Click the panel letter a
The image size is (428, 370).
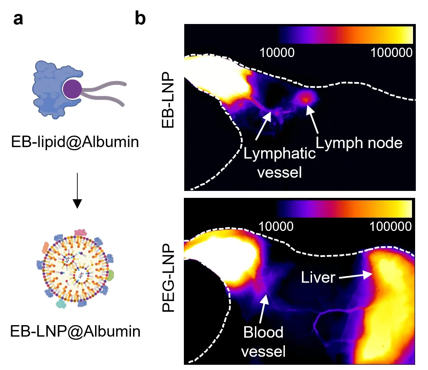[18, 19]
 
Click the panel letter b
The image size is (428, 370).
[140, 18]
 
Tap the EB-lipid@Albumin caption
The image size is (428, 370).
[75, 142]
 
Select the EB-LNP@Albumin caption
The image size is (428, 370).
[75, 331]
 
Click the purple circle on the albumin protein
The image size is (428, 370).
[72, 89]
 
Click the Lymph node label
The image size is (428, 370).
[359, 143]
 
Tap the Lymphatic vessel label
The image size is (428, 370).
[279, 163]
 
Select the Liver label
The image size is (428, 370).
[318, 277]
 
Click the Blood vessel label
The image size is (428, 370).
[263, 341]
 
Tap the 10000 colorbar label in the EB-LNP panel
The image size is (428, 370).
[277, 53]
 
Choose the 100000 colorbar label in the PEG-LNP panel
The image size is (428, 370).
[390, 227]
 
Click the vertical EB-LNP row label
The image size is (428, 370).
[168, 100]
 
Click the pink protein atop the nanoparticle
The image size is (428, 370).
[80, 232]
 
